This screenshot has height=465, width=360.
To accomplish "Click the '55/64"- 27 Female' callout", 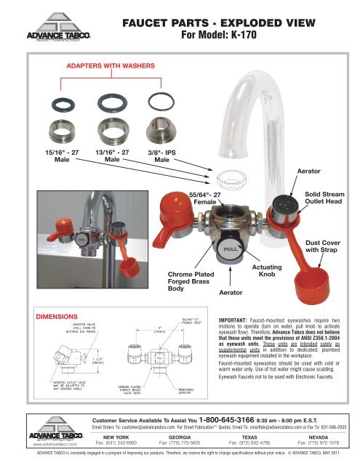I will [204, 200].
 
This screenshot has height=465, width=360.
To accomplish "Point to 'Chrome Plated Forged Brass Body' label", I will [183, 282].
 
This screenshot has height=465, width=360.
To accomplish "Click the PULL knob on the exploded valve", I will [230, 249].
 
